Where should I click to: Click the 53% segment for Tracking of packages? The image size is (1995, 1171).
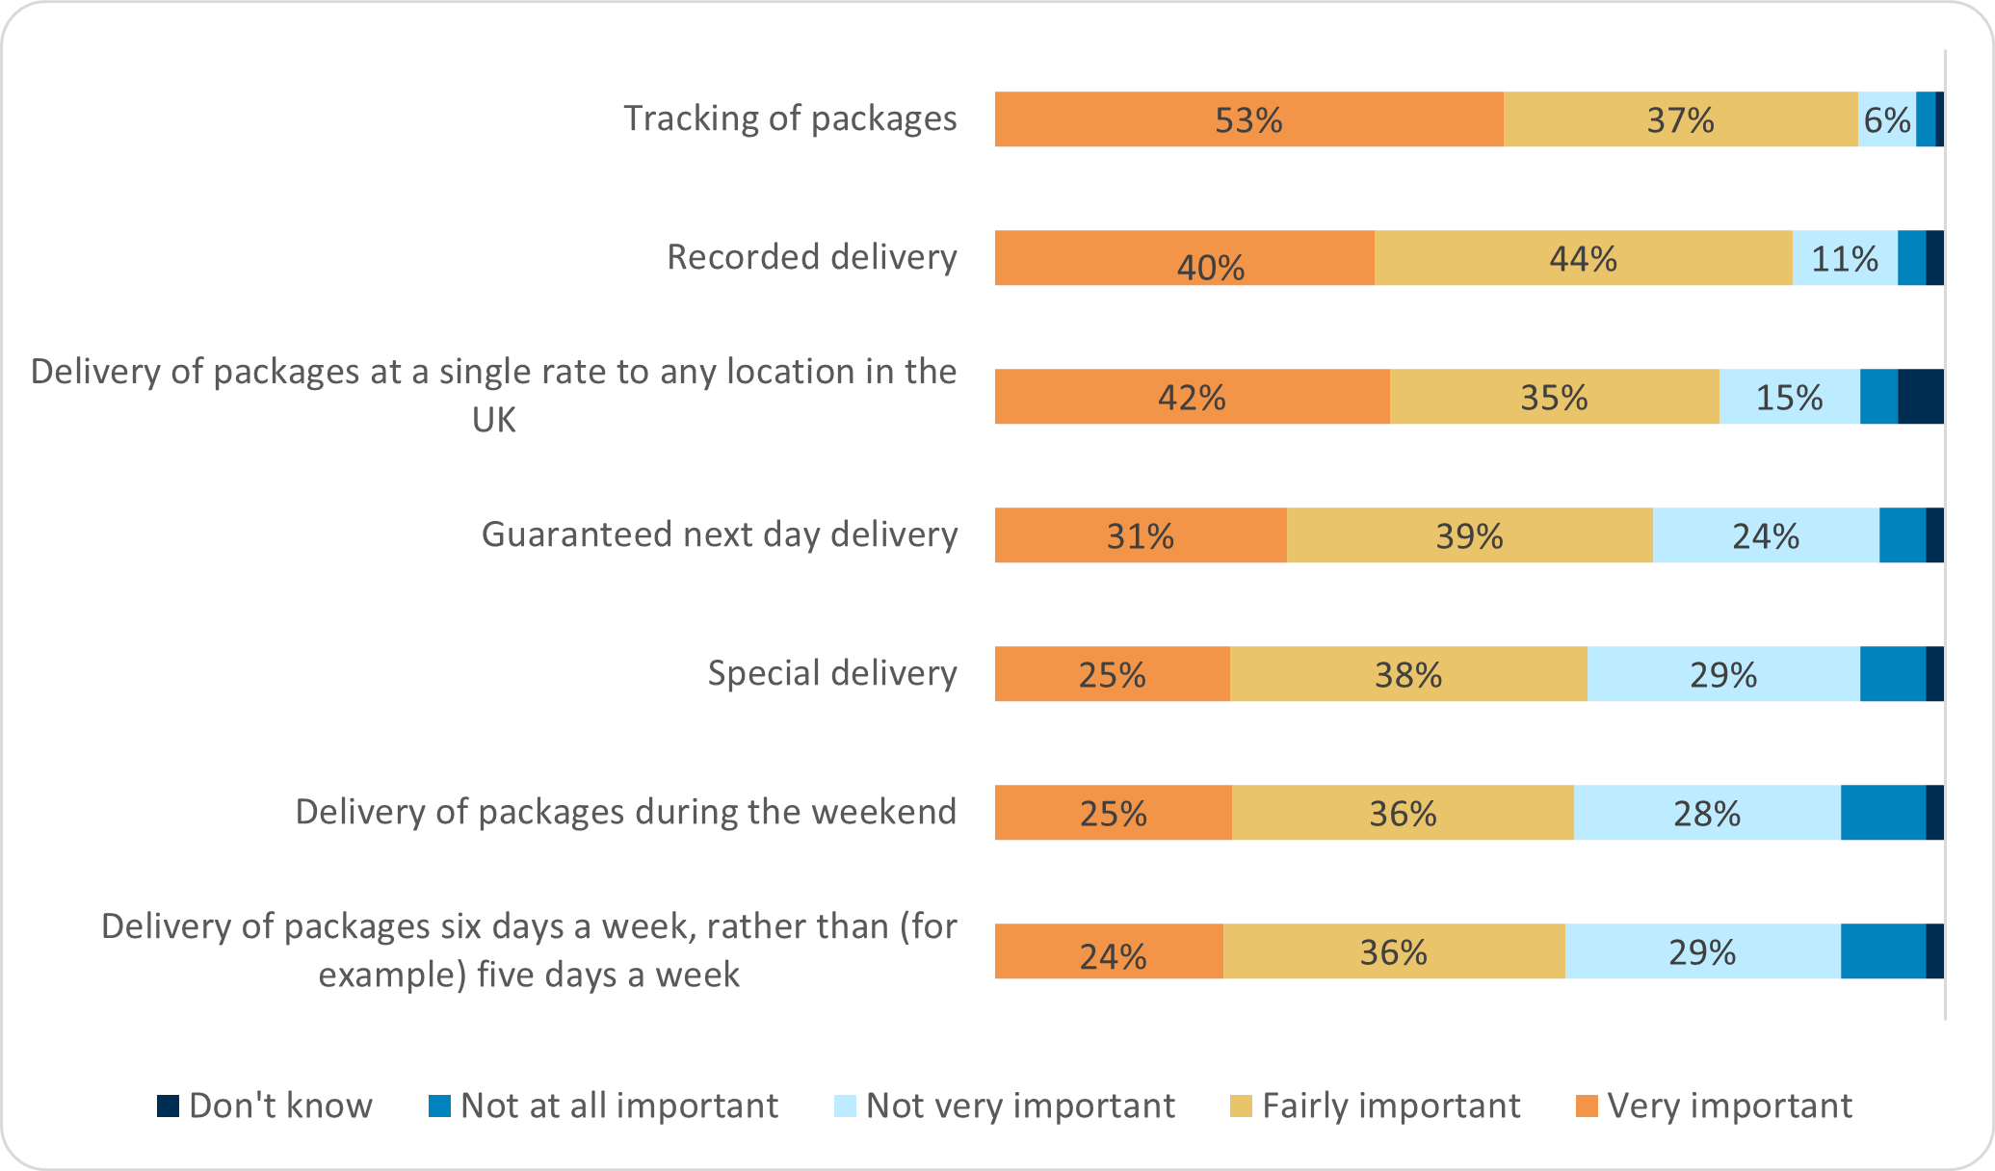tap(1248, 119)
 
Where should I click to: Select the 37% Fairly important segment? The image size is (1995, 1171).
tap(1680, 119)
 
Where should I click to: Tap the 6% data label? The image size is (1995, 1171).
tap(1886, 119)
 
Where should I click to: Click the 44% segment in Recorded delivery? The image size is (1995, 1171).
tap(1583, 258)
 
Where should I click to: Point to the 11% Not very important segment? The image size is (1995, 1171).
tap(1844, 258)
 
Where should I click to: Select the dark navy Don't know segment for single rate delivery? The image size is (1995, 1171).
tap(1921, 397)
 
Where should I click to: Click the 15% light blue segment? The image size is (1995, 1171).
tap(1789, 397)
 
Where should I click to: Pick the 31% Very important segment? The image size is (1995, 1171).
tap(1141, 535)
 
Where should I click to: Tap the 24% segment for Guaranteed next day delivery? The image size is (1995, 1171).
tap(1765, 535)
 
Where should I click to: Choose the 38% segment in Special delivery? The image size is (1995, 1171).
tap(1407, 674)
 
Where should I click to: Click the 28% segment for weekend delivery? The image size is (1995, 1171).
tap(1706, 813)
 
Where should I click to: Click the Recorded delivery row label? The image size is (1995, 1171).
tap(811, 257)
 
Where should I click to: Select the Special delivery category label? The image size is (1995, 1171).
tap(831, 673)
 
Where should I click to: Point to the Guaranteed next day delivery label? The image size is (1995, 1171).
tap(719, 534)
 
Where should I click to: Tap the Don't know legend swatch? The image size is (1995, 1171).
tap(169, 1106)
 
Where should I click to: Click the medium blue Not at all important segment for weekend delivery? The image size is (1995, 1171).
tap(1882, 813)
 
